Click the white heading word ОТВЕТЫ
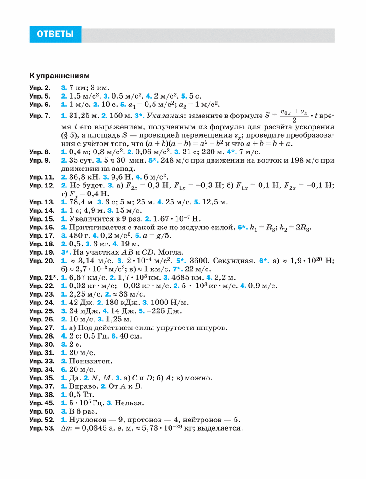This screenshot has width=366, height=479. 55,35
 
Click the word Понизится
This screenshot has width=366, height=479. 91,361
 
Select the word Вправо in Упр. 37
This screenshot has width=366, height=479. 82,386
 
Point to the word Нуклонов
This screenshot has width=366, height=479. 88,420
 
